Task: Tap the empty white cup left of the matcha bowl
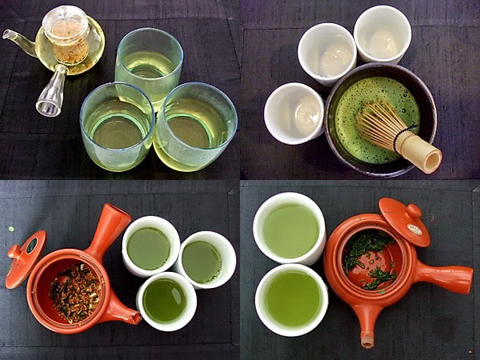[x=294, y=112]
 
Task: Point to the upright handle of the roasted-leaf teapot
[x=109, y=227]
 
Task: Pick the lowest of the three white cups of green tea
[x=166, y=301]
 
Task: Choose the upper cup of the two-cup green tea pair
[x=289, y=227]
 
